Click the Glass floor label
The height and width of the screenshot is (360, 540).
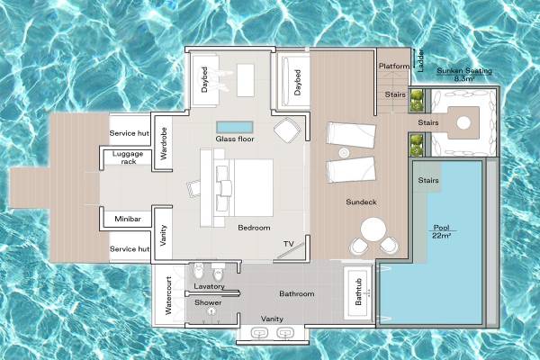(232, 139)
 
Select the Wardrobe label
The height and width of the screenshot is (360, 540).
(163, 143)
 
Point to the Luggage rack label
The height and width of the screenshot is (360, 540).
(127, 157)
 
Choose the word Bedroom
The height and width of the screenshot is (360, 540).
(254, 228)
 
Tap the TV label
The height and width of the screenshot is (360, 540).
(288, 244)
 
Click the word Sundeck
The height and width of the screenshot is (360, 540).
(361, 202)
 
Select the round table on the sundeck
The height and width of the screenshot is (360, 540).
(370, 228)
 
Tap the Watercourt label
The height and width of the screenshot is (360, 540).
(167, 301)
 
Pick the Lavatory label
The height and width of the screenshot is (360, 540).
(209, 286)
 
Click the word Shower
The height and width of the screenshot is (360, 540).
(208, 302)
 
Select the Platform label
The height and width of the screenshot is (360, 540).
(394, 66)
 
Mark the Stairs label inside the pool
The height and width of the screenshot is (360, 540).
(429, 181)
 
